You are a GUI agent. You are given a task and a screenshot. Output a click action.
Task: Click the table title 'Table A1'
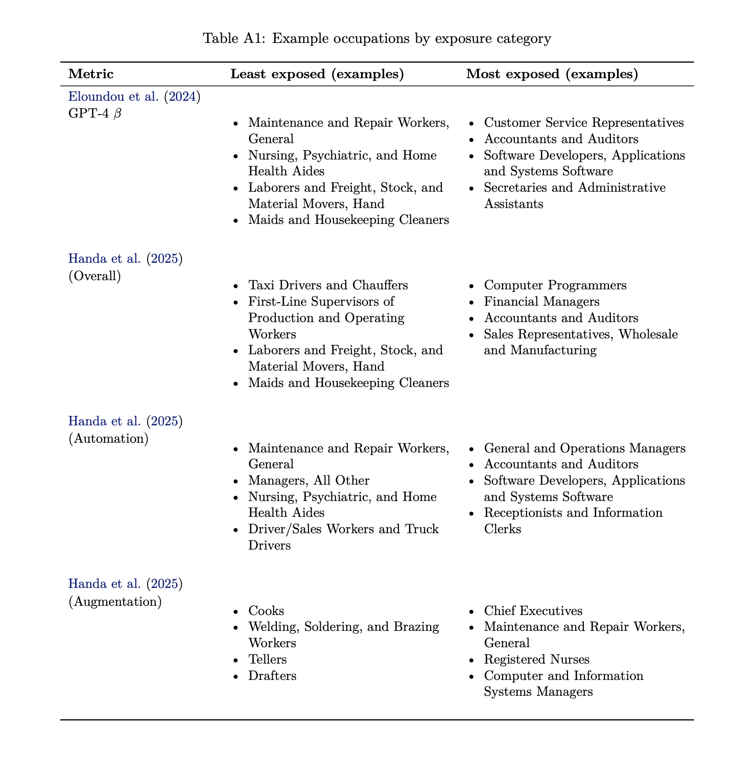click(377, 39)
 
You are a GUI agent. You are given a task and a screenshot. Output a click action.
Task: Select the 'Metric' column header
click(91, 74)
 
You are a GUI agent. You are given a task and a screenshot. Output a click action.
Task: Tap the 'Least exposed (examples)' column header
click(317, 74)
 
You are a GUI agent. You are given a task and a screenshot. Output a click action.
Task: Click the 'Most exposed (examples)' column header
click(552, 74)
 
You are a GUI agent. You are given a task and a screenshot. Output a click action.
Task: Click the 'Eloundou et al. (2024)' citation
click(134, 97)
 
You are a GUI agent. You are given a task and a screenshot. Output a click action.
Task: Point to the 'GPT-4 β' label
click(95, 113)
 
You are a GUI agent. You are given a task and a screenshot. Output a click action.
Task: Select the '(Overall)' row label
click(95, 276)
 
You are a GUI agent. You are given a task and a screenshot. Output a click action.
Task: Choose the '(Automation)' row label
click(108, 439)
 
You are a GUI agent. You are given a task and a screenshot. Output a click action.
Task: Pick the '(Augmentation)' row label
click(115, 602)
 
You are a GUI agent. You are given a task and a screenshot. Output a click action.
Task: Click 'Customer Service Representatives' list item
click(583, 123)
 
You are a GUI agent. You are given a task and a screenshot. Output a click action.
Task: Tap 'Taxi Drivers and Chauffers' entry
click(328, 285)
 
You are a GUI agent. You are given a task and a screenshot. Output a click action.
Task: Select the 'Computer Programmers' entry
click(555, 285)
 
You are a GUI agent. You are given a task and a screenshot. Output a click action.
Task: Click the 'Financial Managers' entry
click(541, 302)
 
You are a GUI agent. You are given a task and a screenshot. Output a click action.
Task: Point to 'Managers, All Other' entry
click(309, 481)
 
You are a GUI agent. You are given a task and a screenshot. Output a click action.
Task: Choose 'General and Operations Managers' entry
click(584, 448)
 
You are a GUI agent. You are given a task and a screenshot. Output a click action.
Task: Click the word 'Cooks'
click(266, 611)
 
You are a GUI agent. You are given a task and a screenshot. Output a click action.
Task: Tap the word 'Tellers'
click(267, 660)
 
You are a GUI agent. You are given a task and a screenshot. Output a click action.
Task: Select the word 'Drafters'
click(272, 676)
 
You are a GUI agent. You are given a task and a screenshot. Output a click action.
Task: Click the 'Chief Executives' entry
click(533, 611)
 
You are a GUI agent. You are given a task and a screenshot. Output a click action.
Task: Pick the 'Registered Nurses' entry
click(536, 660)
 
